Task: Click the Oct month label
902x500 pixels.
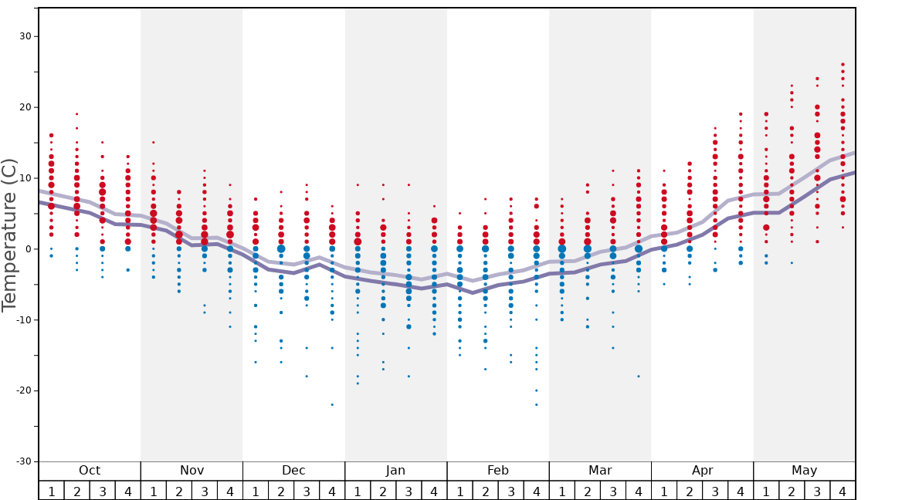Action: click(x=90, y=471)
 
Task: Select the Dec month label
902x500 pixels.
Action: click(x=293, y=471)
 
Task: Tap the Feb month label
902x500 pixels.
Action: click(x=498, y=471)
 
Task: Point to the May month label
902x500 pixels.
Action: click(x=804, y=471)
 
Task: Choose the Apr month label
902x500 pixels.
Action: click(x=702, y=471)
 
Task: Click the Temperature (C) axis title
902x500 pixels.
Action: click(x=9, y=235)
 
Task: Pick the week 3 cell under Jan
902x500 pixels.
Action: click(x=409, y=491)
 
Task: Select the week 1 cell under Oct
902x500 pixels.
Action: click(x=51, y=491)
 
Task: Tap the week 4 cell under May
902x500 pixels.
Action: click(x=843, y=491)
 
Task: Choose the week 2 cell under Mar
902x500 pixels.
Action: click(x=587, y=491)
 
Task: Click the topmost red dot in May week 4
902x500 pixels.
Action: click(x=843, y=65)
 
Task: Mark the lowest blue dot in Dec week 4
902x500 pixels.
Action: click(x=332, y=404)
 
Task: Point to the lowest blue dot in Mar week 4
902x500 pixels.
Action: click(x=639, y=376)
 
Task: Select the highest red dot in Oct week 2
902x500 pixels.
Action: click(x=76, y=114)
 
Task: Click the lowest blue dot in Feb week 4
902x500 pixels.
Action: click(x=536, y=404)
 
